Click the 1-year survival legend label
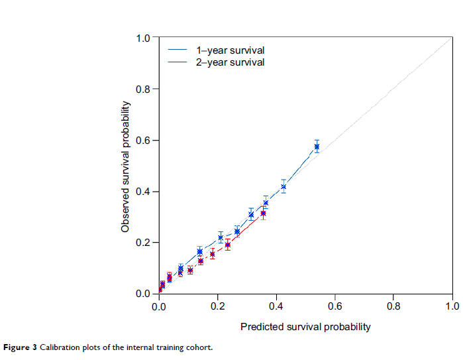point(230,50)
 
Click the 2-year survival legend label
point(230,62)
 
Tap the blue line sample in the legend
point(178,50)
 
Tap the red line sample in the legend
point(178,62)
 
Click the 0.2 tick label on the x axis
point(217,307)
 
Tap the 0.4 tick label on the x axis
point(276,307)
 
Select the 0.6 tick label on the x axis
point(334,307)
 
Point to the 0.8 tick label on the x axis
point(393,307)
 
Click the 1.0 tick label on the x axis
point(452,307)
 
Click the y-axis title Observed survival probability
point(125,166)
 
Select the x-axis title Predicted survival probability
point(305,327)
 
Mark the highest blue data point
point(317,147)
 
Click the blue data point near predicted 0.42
point(283,186)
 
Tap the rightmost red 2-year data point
point(263,213)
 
